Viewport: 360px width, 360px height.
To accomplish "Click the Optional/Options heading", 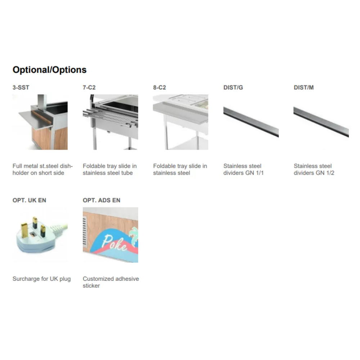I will pos(49,70).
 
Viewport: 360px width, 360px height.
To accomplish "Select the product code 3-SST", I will pos(21,87).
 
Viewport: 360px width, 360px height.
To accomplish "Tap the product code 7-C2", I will pos(89,87).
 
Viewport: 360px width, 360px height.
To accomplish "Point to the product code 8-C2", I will pos(159,87).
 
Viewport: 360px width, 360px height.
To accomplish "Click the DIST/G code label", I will pos(233,87).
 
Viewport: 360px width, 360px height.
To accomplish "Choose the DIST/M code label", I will pos(303,87).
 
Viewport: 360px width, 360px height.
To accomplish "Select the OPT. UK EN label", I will pos(29,200).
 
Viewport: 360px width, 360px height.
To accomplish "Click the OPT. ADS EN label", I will pos(102,200).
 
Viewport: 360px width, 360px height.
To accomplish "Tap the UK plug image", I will pos(38,235).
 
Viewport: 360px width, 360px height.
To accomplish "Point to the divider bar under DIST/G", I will pos(251,122).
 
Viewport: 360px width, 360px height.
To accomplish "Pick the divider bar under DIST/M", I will pos(321,122).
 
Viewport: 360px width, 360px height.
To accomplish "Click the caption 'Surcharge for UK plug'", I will pos(41,279).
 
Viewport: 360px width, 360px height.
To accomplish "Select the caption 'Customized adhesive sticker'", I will pos(111,282).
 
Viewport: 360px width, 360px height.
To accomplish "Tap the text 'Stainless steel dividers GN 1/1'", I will pos(243,170).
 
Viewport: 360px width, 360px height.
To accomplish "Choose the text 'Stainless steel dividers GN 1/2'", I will pos(314,170).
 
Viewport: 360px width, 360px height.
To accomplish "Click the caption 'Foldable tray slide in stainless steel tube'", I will pos(109,170).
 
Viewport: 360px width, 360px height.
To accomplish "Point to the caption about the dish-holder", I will pos(42,170).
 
